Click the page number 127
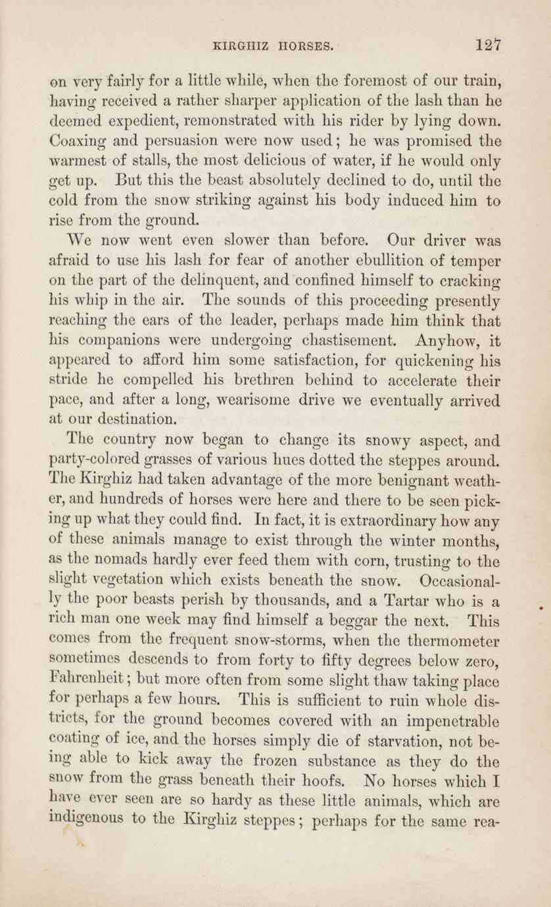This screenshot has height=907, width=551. point(490,45)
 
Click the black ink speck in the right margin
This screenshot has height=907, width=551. point(540,609)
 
